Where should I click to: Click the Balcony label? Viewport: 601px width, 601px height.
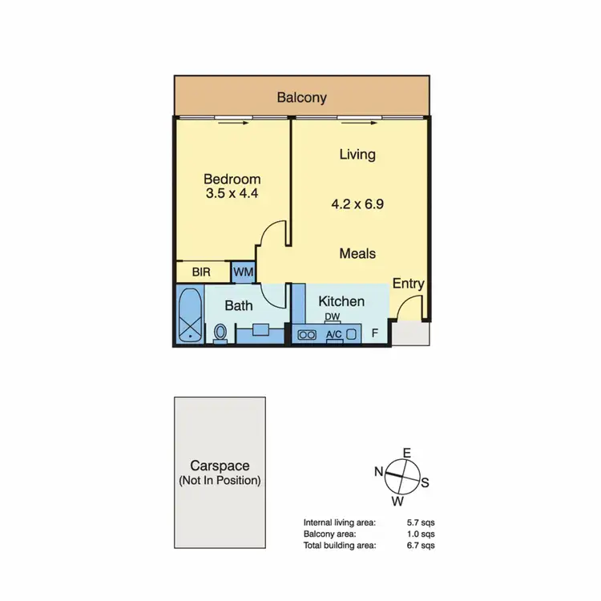[301, 98]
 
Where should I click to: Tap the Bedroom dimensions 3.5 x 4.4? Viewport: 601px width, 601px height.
[232, 193]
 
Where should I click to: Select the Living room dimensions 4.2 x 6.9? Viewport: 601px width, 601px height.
[357, 204]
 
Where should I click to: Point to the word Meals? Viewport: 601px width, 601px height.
[357, 253]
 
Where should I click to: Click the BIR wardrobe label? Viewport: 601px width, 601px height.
[201, 272]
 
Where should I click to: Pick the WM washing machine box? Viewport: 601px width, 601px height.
[244, 272]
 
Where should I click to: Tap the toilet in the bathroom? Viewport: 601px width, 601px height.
[220, 333]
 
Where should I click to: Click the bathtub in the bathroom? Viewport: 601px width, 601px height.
[190, 317]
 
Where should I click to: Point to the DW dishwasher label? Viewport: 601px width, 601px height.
[333, 317]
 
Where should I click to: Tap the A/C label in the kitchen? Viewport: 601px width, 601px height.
[334, 334]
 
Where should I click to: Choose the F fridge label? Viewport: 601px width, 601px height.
[375, 333]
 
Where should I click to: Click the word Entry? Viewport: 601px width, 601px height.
[408, 284]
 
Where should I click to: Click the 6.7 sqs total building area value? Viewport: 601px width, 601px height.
[421, 545]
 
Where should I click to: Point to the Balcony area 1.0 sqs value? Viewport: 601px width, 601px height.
[421, 533]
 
